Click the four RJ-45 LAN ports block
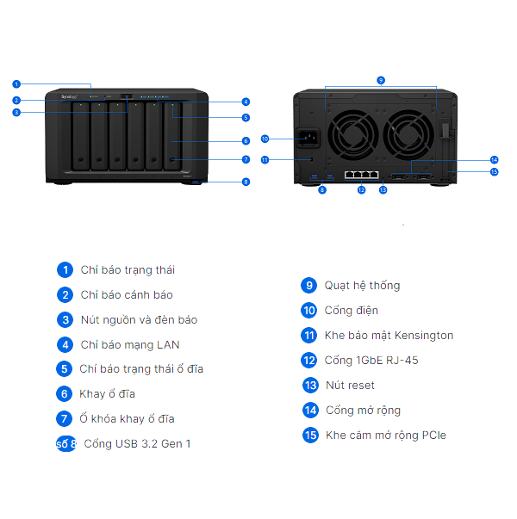pyautogui.click(x=362, y=173)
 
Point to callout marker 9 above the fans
pyautogui.click(x=381, y=80)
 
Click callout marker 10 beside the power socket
pyautogui.click(x=265, y=139)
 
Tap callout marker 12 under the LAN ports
pyautogui.click(x=362, y=189)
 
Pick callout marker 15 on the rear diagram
pyautogui.click(x=494, y=171)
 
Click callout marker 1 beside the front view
pyautogui.click(x=16, y=83)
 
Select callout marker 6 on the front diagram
pyautogui.click(x=246, y=140)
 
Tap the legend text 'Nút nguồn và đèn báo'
pyautogui.click(x=139, y=320)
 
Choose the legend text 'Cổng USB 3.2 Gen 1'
pyautogui.click(x=137, y=444)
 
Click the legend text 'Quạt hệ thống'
pyautogui.click(x=362, y=286)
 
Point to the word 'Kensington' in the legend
pyautogui.click(x=424, y=336)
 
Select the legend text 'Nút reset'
pyautogui.click(x=350, y=386)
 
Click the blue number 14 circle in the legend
pyautogui.click(x=310, y=411)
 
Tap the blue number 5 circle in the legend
pyautogui.click(x=65, y=369)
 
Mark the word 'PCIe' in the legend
pyautogui.click(x=433, y=436)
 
